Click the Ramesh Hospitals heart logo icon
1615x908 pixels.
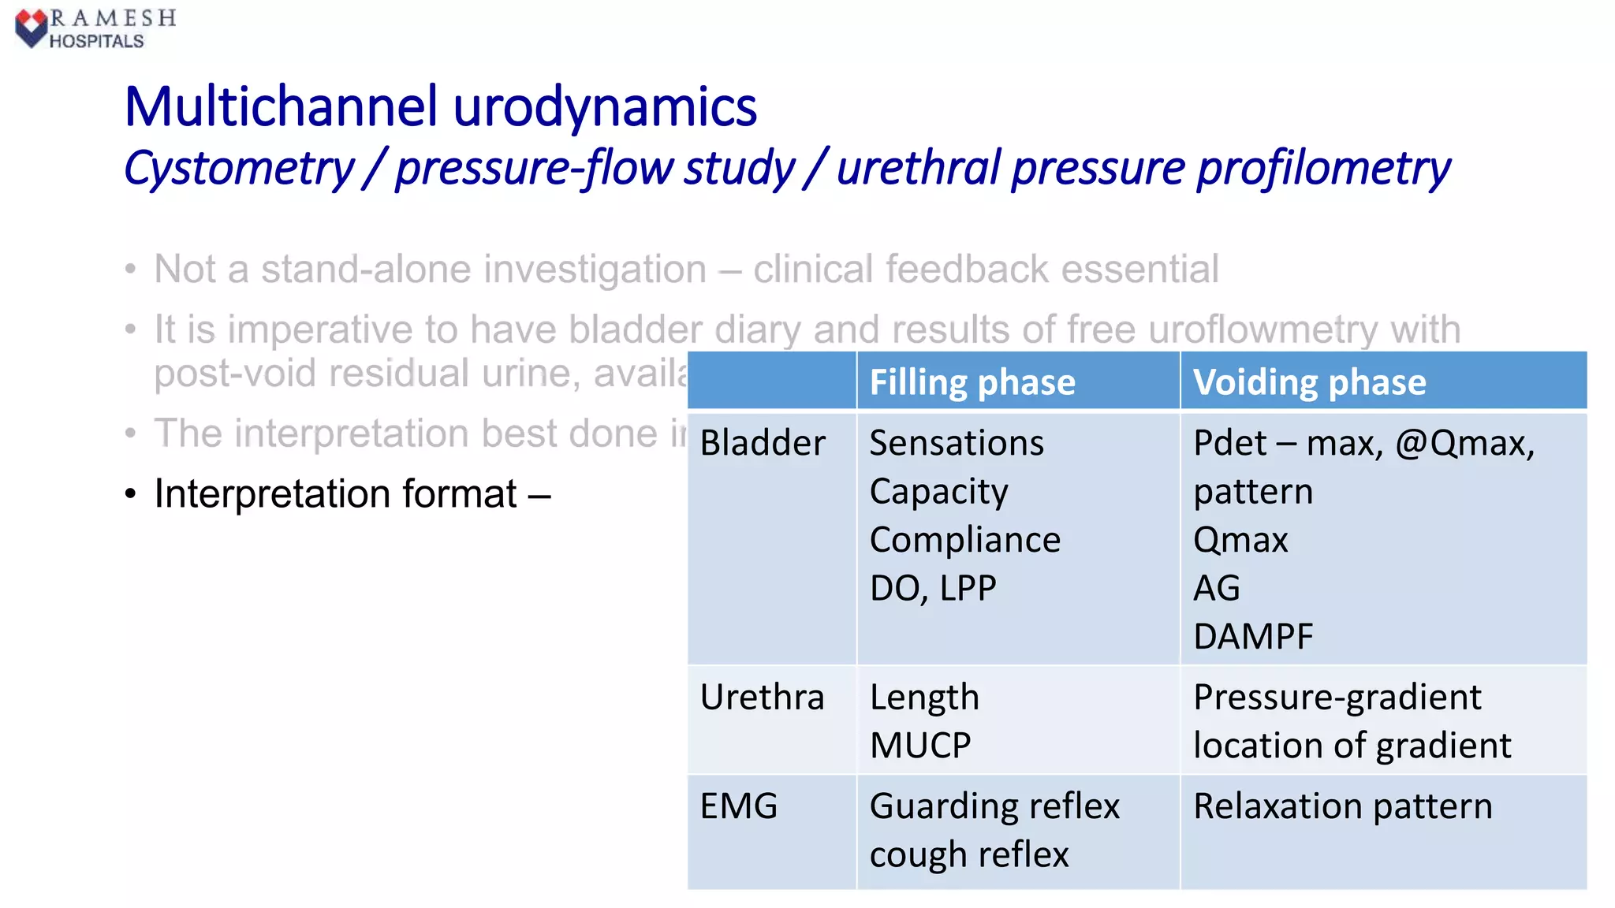(31, 28)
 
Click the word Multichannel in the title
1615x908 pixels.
(281, 107)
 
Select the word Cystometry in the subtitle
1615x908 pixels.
(239, 169)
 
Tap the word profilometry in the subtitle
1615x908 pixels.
(1322, 169)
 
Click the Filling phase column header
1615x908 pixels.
(972, 382)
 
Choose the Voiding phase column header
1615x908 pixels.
(1309, 382)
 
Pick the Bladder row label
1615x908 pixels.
(763, 443)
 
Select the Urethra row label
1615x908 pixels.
(762, 698)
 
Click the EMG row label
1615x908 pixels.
(739, 806)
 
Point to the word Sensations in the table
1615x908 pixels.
(957, 443)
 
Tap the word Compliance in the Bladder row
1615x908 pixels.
(964, 540)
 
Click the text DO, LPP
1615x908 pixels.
(933, 589)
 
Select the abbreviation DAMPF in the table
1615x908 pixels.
(1253, 637)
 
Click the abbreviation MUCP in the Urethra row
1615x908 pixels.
(920, 746)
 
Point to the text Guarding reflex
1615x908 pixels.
(994, 806)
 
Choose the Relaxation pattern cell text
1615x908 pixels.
(1342, 806)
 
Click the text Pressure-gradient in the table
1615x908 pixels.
(1337, 698)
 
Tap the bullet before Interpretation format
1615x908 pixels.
(131, 495)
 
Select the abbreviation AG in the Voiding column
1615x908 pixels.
(1216, 589)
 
